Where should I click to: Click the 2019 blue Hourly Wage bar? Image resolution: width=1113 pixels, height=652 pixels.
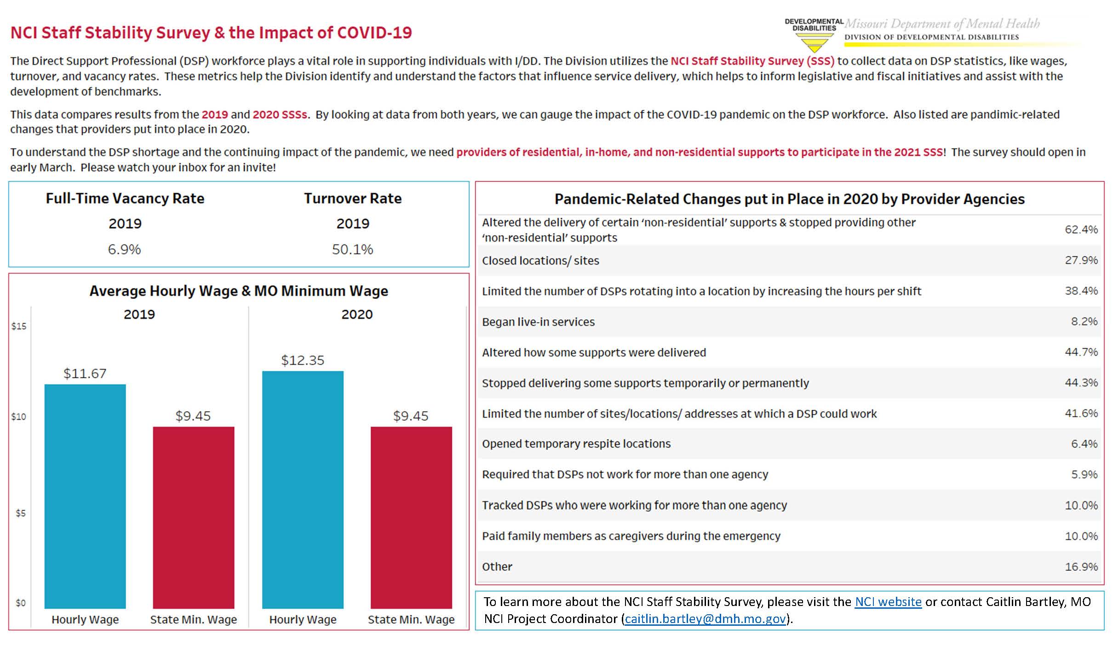[85, 496]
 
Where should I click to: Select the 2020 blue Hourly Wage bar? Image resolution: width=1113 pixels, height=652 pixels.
[303, 490]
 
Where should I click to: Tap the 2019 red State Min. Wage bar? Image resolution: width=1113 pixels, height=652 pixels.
[194, 518]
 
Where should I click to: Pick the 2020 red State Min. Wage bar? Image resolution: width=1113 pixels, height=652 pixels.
[411, 518]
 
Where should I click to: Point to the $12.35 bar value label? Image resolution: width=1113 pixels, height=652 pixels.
[303, 360]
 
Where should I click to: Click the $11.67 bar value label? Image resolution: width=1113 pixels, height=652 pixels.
[85, 373]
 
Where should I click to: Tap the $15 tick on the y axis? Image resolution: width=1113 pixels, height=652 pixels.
[19, 326]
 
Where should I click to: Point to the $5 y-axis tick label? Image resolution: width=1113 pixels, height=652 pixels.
[21, 513]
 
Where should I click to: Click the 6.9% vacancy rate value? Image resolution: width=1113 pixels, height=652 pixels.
[124, 249]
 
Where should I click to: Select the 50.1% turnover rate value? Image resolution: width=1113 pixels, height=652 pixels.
[353, 249]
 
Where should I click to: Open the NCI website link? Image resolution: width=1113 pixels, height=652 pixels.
[888, 602]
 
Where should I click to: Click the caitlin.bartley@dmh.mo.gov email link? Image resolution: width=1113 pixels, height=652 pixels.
[706, 619]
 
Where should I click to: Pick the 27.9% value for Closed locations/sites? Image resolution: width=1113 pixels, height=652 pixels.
[1081, 260]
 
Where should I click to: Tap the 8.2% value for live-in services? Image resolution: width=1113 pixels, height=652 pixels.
[1084, 321]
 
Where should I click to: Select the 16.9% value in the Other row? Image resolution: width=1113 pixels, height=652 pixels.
[1081, 566]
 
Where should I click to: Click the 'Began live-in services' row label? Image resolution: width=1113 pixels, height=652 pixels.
[538, 322]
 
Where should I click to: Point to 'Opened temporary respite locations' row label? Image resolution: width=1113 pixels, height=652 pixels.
[576, 444]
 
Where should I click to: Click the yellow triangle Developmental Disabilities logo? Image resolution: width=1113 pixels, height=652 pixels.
[815, 43]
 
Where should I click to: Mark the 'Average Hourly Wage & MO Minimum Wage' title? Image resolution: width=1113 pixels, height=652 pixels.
[239, 291]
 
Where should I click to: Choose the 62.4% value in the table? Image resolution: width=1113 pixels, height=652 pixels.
[1081, 229]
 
